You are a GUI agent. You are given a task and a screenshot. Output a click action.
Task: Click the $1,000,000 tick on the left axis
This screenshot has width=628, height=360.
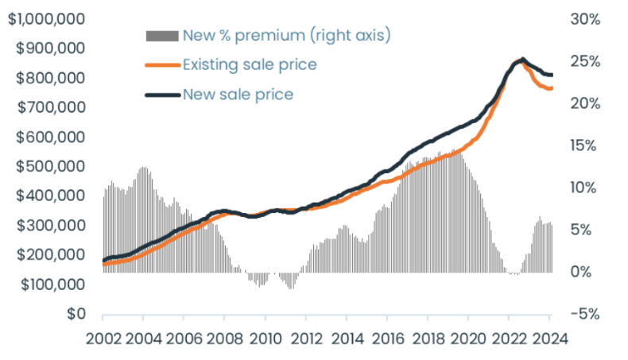tap(45, 18)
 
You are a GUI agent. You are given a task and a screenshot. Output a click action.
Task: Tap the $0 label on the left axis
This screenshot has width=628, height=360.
tap(76, 314)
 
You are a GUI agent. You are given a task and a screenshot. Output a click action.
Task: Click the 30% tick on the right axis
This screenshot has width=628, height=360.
tap(585, 18)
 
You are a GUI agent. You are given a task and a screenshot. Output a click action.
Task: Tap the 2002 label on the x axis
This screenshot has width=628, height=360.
tap(103, 337)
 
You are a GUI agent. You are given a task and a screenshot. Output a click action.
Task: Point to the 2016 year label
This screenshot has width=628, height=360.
tap(386, 337)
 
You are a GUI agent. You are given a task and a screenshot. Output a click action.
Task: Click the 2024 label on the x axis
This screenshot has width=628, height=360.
tap(549, 337)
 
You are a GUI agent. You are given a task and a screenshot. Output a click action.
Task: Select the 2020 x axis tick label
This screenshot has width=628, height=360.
tap(467, 337)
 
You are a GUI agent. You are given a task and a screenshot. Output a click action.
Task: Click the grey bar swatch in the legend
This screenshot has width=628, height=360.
tap(162, 36)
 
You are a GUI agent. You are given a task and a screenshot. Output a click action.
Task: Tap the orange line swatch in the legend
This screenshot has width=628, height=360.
tap(162, 65)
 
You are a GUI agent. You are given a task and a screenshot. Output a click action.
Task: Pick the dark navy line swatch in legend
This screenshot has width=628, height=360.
tap(162, 95)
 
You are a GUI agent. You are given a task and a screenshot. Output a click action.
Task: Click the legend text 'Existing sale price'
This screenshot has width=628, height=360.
tap(250, 64)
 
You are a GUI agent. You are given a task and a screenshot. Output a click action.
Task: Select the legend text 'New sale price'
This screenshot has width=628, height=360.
tap(238, 95)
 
